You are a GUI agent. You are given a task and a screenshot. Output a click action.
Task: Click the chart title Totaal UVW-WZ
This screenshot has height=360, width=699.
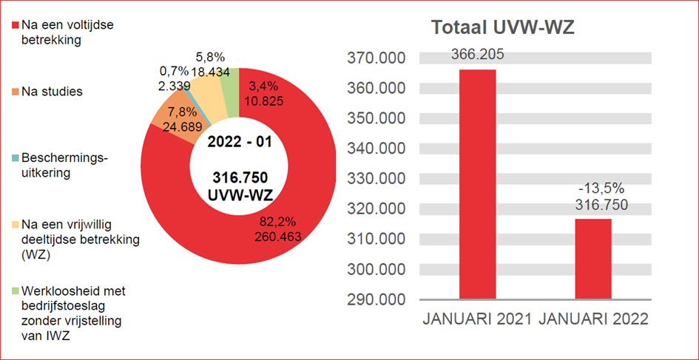click(x=503, y=28)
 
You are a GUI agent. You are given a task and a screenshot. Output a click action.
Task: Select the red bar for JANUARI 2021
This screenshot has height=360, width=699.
click(x=477, y=185)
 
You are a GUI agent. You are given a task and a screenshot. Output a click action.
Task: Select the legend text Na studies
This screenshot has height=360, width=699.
click(x=52, y=92)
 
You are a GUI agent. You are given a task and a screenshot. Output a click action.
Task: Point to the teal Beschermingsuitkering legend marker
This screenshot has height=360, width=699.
click(x=16, y=158)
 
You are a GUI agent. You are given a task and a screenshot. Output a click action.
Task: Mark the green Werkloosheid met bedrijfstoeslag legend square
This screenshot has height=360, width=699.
click(x=16, y=291)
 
